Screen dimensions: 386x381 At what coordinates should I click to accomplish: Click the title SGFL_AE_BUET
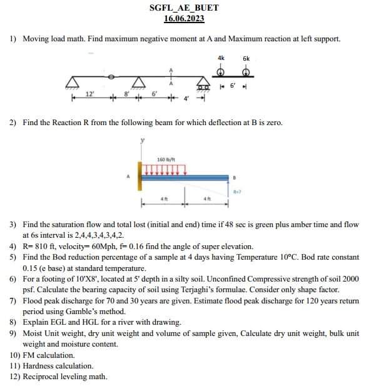[x=184, y=8]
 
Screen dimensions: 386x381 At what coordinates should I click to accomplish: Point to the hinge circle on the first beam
[x=111, y=77]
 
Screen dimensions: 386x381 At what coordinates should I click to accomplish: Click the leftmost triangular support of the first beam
[x=74, y=82]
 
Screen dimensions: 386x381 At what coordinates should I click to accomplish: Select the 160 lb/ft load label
[x=166, y=160]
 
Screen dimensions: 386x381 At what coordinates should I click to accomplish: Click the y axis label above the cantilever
[x=143, y=141]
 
